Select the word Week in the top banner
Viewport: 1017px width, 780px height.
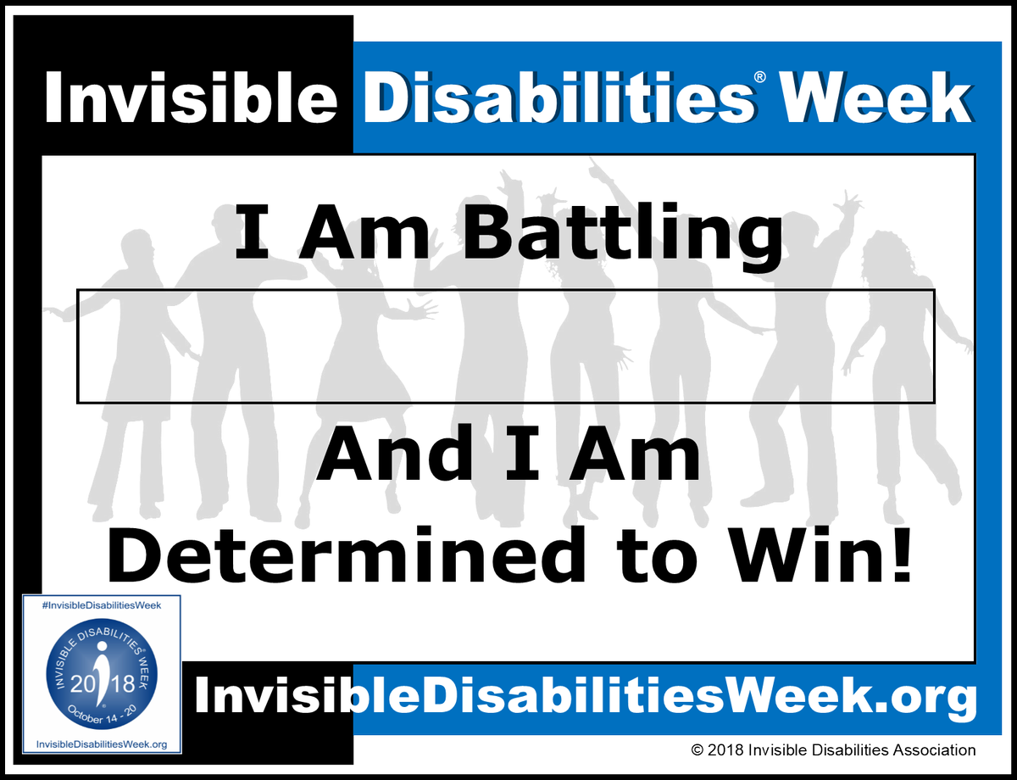876,97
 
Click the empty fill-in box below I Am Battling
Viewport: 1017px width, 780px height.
505,346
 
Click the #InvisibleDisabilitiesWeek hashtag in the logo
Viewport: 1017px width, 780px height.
101,604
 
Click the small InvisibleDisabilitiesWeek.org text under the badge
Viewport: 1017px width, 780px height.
101,744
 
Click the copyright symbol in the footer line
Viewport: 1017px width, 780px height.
697,750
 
